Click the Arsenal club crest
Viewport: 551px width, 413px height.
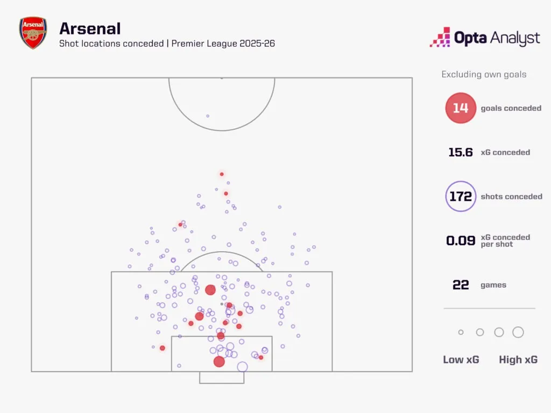point(33,33)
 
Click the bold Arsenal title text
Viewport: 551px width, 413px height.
point(90,29)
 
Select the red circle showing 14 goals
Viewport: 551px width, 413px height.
point(461,108)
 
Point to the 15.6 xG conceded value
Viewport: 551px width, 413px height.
point(461,152)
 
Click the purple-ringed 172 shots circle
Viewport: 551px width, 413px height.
point(461,196)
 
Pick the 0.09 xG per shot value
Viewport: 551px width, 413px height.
point(461,240)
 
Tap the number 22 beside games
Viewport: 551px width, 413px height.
point(461,285)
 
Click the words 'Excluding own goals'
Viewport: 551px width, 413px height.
point(484,75)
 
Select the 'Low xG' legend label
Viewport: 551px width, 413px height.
point(461,360)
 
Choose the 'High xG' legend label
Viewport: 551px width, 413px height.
point(518,360)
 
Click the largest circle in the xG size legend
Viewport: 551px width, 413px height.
point(518,332)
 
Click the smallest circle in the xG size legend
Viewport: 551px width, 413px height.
point(461,332)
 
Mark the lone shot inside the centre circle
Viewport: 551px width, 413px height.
point(208,116)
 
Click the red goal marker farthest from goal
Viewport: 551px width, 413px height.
point(221,174)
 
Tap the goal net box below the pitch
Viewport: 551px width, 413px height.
point(222,378)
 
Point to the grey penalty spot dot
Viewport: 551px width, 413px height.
point(221,304)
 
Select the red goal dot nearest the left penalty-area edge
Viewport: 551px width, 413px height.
point(163,348)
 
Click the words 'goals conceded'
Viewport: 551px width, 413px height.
point(511,108)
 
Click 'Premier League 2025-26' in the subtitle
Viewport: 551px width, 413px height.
point(223,44)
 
